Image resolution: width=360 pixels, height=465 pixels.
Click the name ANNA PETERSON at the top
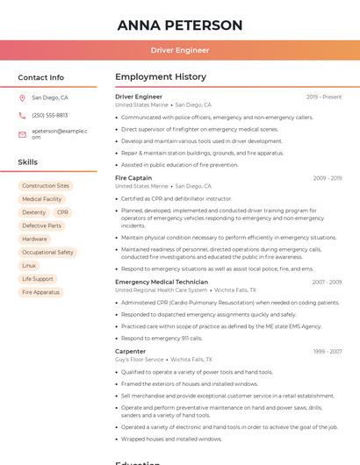pyautogui.click(x=179, y=25)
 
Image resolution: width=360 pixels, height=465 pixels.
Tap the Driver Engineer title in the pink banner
pyautogui.click(x=179, y=50)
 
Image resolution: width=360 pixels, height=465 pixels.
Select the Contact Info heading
pyautogui.click(x=40, y=77)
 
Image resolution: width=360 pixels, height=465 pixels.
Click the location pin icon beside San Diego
pyautogui.click(x=22, y=98)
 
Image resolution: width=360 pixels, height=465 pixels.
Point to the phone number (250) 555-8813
pyautogui.click(x=49, y=115)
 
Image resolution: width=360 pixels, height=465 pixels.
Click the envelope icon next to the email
pyautogui.click(x=22, y=133)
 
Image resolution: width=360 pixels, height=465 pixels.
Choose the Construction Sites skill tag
pyautogui.click(x=46, y=186)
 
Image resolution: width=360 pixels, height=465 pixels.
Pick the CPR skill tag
pyautogui.click(x=62, y=212)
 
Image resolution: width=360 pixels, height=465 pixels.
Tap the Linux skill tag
pyautogui.click(x=29, y=265)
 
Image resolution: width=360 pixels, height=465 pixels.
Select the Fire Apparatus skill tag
pyautogui.click(x=40, y=291)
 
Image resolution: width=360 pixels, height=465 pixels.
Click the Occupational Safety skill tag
pyautogui.click(x=47, y=252)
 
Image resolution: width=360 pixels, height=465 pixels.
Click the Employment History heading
pyautogui.click(x=161, y=77)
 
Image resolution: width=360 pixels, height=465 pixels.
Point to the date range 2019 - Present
pyautogui.click(x=324, y=97)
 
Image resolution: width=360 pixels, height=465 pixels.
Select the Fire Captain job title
pyautogui.click(x=133, y=178)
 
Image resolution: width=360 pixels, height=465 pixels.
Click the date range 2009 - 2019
pyautogui.click(x=327, y=178)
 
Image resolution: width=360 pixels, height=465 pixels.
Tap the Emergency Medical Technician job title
pyautogui.click(x=162, y=282)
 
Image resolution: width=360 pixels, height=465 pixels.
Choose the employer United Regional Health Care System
pyautogui.click(x=162, y=290)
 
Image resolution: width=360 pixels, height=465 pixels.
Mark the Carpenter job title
pyautogui.click(x=131, y=351)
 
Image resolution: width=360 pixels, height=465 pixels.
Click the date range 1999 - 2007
pyautogui.click(x=327, y=351)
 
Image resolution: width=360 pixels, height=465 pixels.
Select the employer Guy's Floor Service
pyautogui.click(x=140, y=359)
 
